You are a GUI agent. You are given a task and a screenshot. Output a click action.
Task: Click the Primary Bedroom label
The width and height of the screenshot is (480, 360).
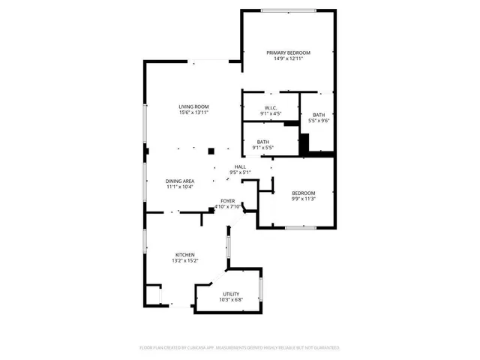pos(289,52)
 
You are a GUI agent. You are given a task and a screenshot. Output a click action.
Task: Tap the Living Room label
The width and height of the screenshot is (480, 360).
pos(193,106)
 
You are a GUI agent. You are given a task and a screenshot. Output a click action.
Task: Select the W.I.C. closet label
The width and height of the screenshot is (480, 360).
pos(270,108)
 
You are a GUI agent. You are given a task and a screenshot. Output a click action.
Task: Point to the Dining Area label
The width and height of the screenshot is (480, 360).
pos(180,181)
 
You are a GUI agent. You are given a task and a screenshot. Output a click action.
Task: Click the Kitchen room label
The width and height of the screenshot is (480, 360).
pos(185,255)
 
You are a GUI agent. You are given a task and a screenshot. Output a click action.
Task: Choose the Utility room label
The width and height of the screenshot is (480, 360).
pos(231,294)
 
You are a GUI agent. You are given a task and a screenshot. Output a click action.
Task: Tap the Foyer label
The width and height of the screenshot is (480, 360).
pos(227,201)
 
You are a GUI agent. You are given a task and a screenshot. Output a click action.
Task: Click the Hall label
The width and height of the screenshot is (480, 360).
pos(240,166)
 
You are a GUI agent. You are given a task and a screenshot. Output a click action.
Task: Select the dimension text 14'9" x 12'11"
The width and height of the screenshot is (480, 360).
pos(289,58)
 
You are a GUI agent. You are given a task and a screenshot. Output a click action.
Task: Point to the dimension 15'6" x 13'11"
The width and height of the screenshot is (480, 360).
pos(193,112)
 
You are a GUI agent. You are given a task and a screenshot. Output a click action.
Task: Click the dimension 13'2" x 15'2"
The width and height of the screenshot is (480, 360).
pos(185,261)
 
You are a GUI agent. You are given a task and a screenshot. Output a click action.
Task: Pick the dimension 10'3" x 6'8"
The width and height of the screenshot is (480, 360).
pos(231,300)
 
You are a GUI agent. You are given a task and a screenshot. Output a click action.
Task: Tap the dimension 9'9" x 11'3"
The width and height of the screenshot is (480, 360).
pos(303,199)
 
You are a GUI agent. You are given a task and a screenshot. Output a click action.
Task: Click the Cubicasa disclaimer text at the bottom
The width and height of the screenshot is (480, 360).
pos(240,348)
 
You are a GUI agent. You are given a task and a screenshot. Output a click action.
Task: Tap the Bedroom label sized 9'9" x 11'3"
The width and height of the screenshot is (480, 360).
pos(303,193)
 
